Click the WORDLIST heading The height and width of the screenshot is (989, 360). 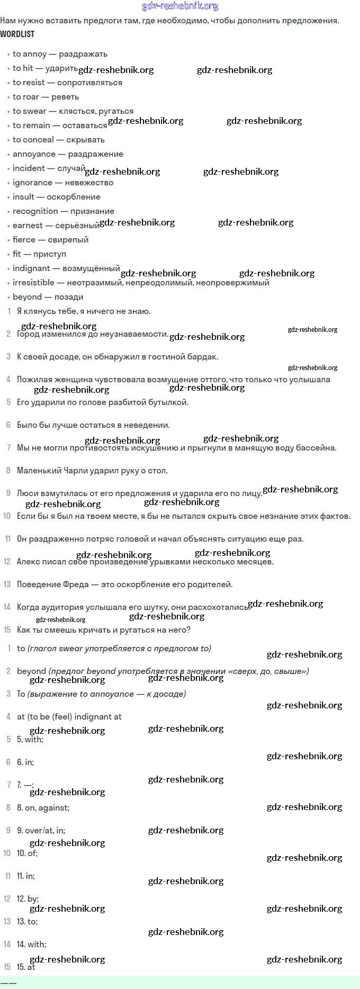(x=17, y=34)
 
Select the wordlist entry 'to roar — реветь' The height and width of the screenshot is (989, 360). (x=46, y=97)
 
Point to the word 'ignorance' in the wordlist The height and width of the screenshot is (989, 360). (x=32, y=183)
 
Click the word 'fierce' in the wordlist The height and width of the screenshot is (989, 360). (x=24, y=240)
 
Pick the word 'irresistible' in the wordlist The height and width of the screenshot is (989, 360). (x=33, y=283)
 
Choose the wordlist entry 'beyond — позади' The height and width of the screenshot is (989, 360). (x=48, y=297)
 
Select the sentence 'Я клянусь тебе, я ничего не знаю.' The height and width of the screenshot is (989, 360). (x=84, y=311)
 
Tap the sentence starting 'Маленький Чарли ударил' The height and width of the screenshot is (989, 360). (x=92, y=471)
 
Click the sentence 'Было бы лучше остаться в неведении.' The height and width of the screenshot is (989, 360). (x=93, y=425)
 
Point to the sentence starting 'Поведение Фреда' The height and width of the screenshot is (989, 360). (x=124, y=585)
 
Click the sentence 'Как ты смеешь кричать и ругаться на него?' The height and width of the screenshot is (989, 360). (x=103, y=630)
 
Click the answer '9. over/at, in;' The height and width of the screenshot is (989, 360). (x=41, y=831)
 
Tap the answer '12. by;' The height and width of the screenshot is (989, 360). (x=28, y=899)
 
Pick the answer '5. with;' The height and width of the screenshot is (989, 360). (x=30, y=740)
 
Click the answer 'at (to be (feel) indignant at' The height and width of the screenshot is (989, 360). (x=69, y=717)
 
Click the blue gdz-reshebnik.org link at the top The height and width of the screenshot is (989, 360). (x=180, y=6)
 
